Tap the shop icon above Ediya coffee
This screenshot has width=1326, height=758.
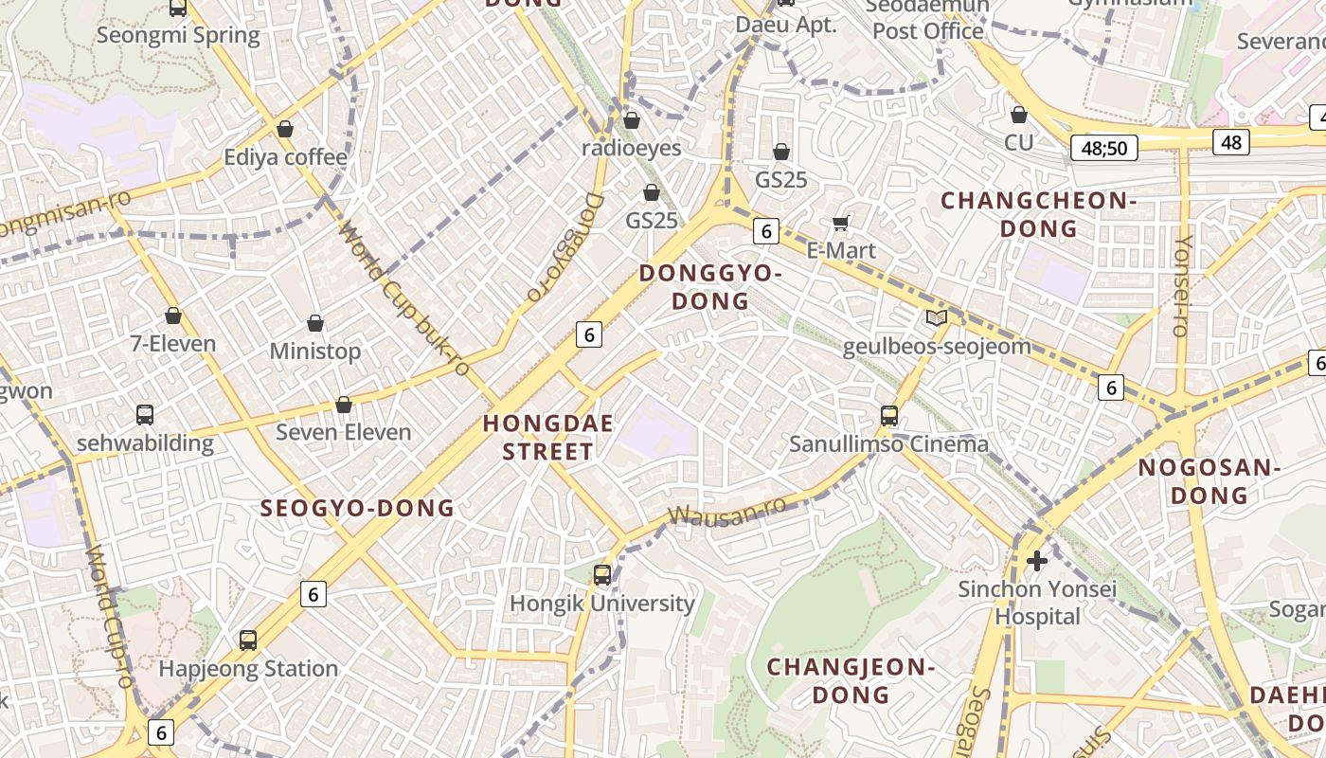click(285, 129)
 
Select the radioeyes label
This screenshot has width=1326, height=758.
click(632, 149)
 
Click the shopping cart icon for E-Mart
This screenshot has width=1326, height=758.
click(840, 224)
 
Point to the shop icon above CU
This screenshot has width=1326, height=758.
click(1019, 115)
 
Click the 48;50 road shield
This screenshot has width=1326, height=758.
click(1104, 148)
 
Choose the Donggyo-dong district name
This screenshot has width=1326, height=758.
click(710, 287)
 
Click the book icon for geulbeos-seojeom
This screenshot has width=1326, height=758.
click(937, 318)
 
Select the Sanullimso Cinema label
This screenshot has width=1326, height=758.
click(889, 443)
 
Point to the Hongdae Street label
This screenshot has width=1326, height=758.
click(548, 437)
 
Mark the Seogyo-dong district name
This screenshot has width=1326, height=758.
click(357, 508)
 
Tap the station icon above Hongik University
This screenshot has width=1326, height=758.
click(602, 574)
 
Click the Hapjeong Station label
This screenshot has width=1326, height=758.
click(248, 669)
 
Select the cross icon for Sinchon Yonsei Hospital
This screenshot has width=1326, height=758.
click(1037, 561)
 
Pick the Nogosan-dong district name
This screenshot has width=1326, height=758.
click(1209, 481)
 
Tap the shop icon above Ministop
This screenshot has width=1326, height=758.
click(315, 323)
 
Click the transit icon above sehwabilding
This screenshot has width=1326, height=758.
click(145, 414)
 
